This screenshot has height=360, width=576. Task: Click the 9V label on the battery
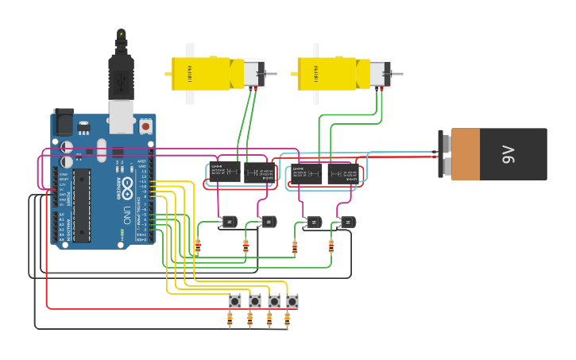508,155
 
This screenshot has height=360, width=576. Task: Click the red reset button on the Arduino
145,126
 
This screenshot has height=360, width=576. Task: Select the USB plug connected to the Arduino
121,79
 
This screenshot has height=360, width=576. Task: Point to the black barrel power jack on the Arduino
63,120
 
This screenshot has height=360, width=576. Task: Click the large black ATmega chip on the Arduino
82,205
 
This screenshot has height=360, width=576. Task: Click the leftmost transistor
229,221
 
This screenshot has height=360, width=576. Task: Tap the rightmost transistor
347,222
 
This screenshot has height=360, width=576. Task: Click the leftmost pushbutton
235,301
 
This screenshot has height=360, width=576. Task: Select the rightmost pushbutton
292,301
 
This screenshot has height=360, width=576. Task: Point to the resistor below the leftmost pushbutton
230,319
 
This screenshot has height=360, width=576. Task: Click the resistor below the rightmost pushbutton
288,319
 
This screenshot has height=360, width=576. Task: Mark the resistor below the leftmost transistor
198,246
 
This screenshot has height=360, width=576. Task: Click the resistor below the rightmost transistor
331,246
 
